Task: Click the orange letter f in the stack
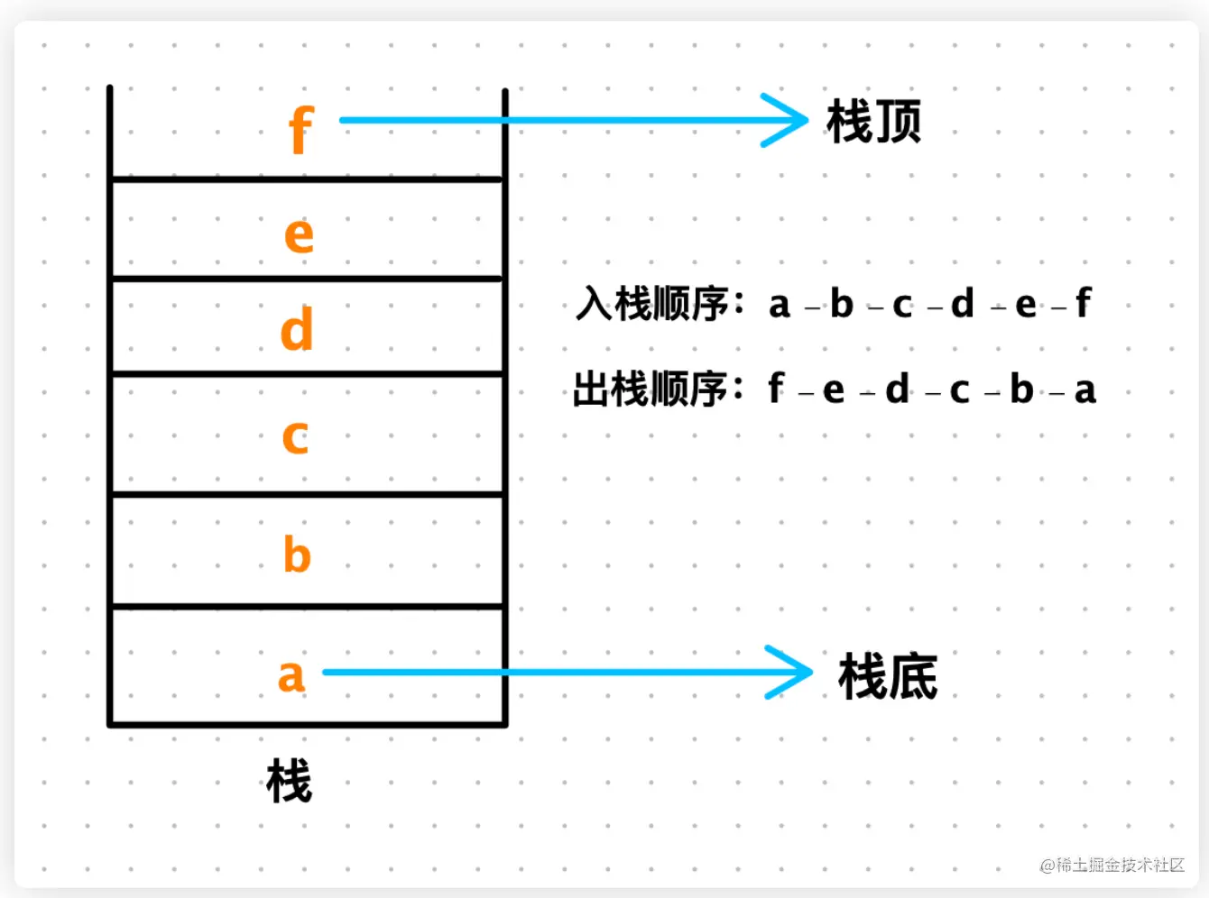[301, 131]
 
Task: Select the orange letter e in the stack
[299, 235]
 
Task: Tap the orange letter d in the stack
[297, 330]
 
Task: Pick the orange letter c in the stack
[295, 437]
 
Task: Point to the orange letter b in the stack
[297, 554]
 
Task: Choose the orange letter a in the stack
[291, 676]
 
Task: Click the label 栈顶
[873, 122]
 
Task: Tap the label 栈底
[888, 677]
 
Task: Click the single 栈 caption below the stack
[289, 781]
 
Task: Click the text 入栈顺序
[653, 304]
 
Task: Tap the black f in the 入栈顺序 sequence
[1083, 303]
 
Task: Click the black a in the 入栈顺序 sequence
[780, 306]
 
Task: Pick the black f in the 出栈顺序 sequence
[775, 389]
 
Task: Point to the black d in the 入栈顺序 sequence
[963, 304]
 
